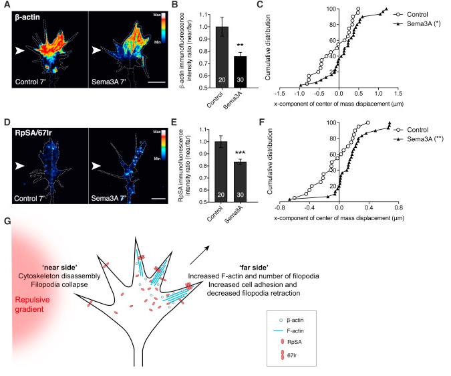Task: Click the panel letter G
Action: (5, 221)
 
